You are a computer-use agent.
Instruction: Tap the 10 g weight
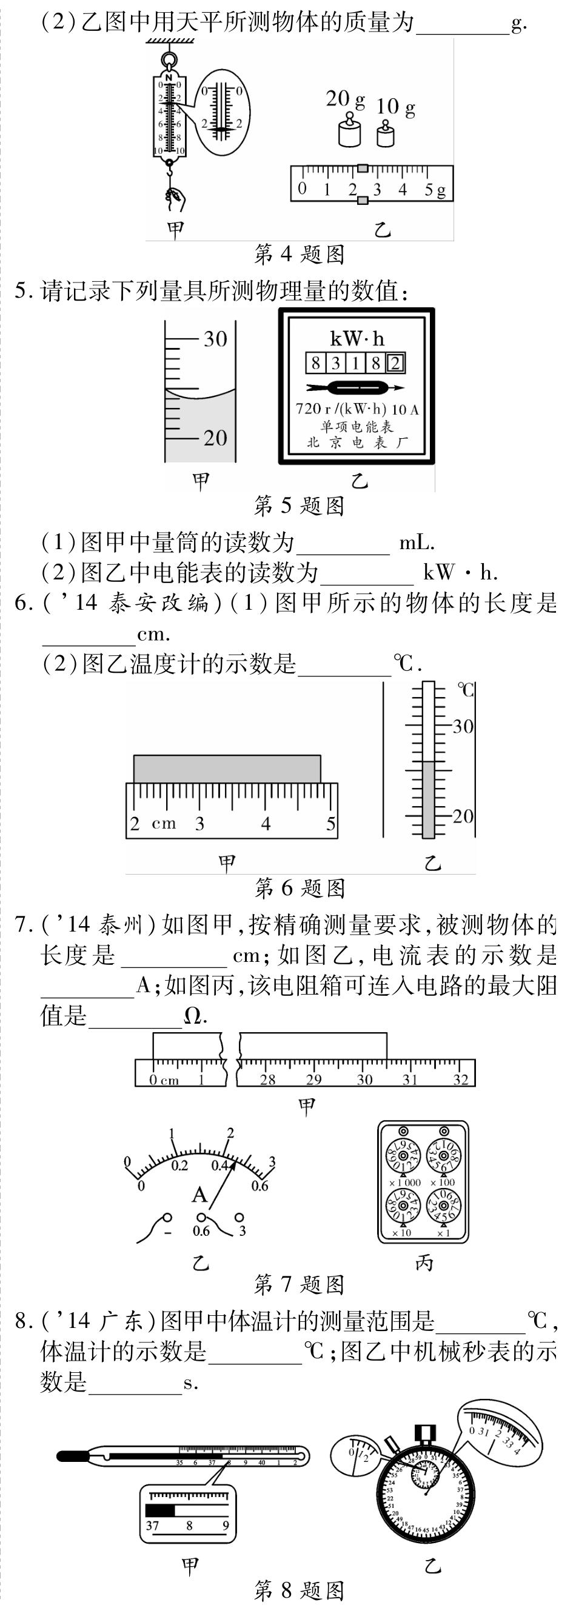click(385, 135)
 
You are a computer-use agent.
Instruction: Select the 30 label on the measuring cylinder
click(215, 339)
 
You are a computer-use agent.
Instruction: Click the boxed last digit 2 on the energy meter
click(396, 362)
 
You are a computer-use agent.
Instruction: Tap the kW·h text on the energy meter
click(357, 339)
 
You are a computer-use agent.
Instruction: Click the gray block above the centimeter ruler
click(227, 769)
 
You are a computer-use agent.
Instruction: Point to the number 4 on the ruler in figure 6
click(266, 823)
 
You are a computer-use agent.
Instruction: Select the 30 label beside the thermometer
click(463, 727)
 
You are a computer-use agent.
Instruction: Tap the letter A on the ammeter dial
click(199, 1195)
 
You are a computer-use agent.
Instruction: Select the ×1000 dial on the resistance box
click(404, 1156)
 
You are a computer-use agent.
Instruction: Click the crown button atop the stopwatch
click(426, 1432)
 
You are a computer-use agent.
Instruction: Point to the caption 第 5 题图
click(299, 505)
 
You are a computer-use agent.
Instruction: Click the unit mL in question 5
click(416, 542)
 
